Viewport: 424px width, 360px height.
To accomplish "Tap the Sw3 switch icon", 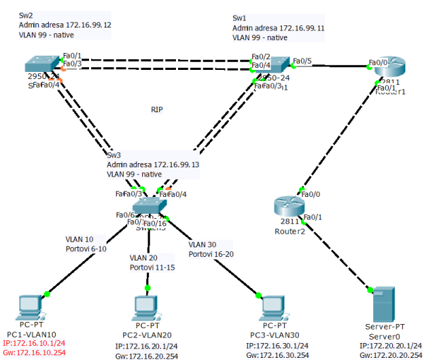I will click(x=151, y=206).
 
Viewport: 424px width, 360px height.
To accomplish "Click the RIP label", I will click(x=157, y=109).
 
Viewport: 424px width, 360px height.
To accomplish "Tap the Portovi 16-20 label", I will click(x=213, y=253).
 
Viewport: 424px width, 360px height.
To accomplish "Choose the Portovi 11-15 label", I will click(x=153, y=268).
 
